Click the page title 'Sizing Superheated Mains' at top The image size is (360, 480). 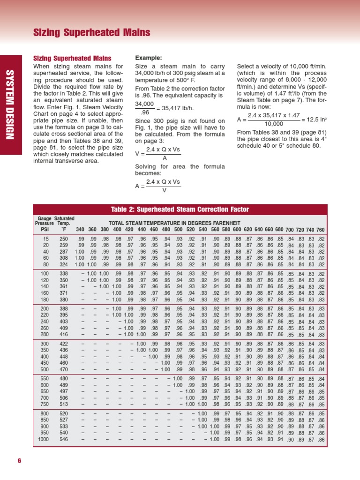pyautogui.click(x=92, y=32)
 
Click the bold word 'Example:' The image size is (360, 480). pyautogui.click(x=149, y=58)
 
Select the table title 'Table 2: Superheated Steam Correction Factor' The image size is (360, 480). pyautogui.click(x=180, y=209)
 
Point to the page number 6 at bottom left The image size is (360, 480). pyautogui.click(x=19, y=460)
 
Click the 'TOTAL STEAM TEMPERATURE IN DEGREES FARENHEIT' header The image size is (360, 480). pyautogui.click(x=174, y=223)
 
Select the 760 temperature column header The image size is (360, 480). pyautogui.click(x=321, y=230)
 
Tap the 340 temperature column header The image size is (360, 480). pyautogui.click(x=80, y=230)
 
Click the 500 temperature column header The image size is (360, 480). pyautogui.click(x=178, y=230)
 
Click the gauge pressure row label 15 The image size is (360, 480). pyautogui.click(x=46, y=239)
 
